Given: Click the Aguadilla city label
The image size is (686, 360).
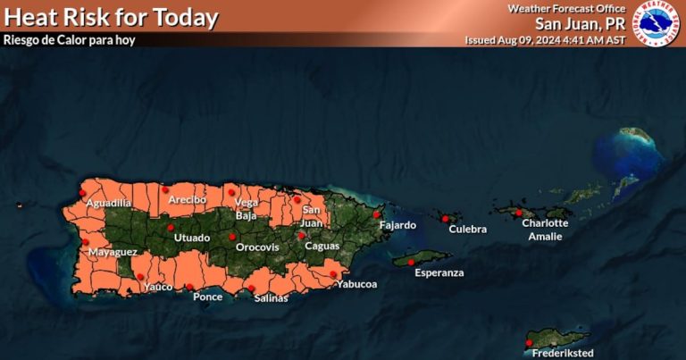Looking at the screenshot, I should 109,205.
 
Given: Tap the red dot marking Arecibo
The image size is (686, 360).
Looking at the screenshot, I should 165,189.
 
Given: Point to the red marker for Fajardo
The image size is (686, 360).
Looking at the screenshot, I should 377,214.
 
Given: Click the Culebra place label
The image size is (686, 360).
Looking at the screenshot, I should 468,230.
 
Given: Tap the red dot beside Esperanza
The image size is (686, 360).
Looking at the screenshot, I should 411,262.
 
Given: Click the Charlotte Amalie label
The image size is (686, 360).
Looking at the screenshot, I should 546,230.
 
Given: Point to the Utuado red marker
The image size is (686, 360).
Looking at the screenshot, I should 170,227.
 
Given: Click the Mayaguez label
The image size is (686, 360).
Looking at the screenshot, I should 112,254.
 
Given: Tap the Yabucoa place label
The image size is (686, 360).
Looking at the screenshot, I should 356,285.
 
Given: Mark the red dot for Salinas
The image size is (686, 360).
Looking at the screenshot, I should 251,288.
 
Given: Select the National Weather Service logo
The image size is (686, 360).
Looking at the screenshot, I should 657,21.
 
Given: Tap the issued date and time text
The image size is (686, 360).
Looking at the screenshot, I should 546,40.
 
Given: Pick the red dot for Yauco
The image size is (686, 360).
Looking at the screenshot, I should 140,277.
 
